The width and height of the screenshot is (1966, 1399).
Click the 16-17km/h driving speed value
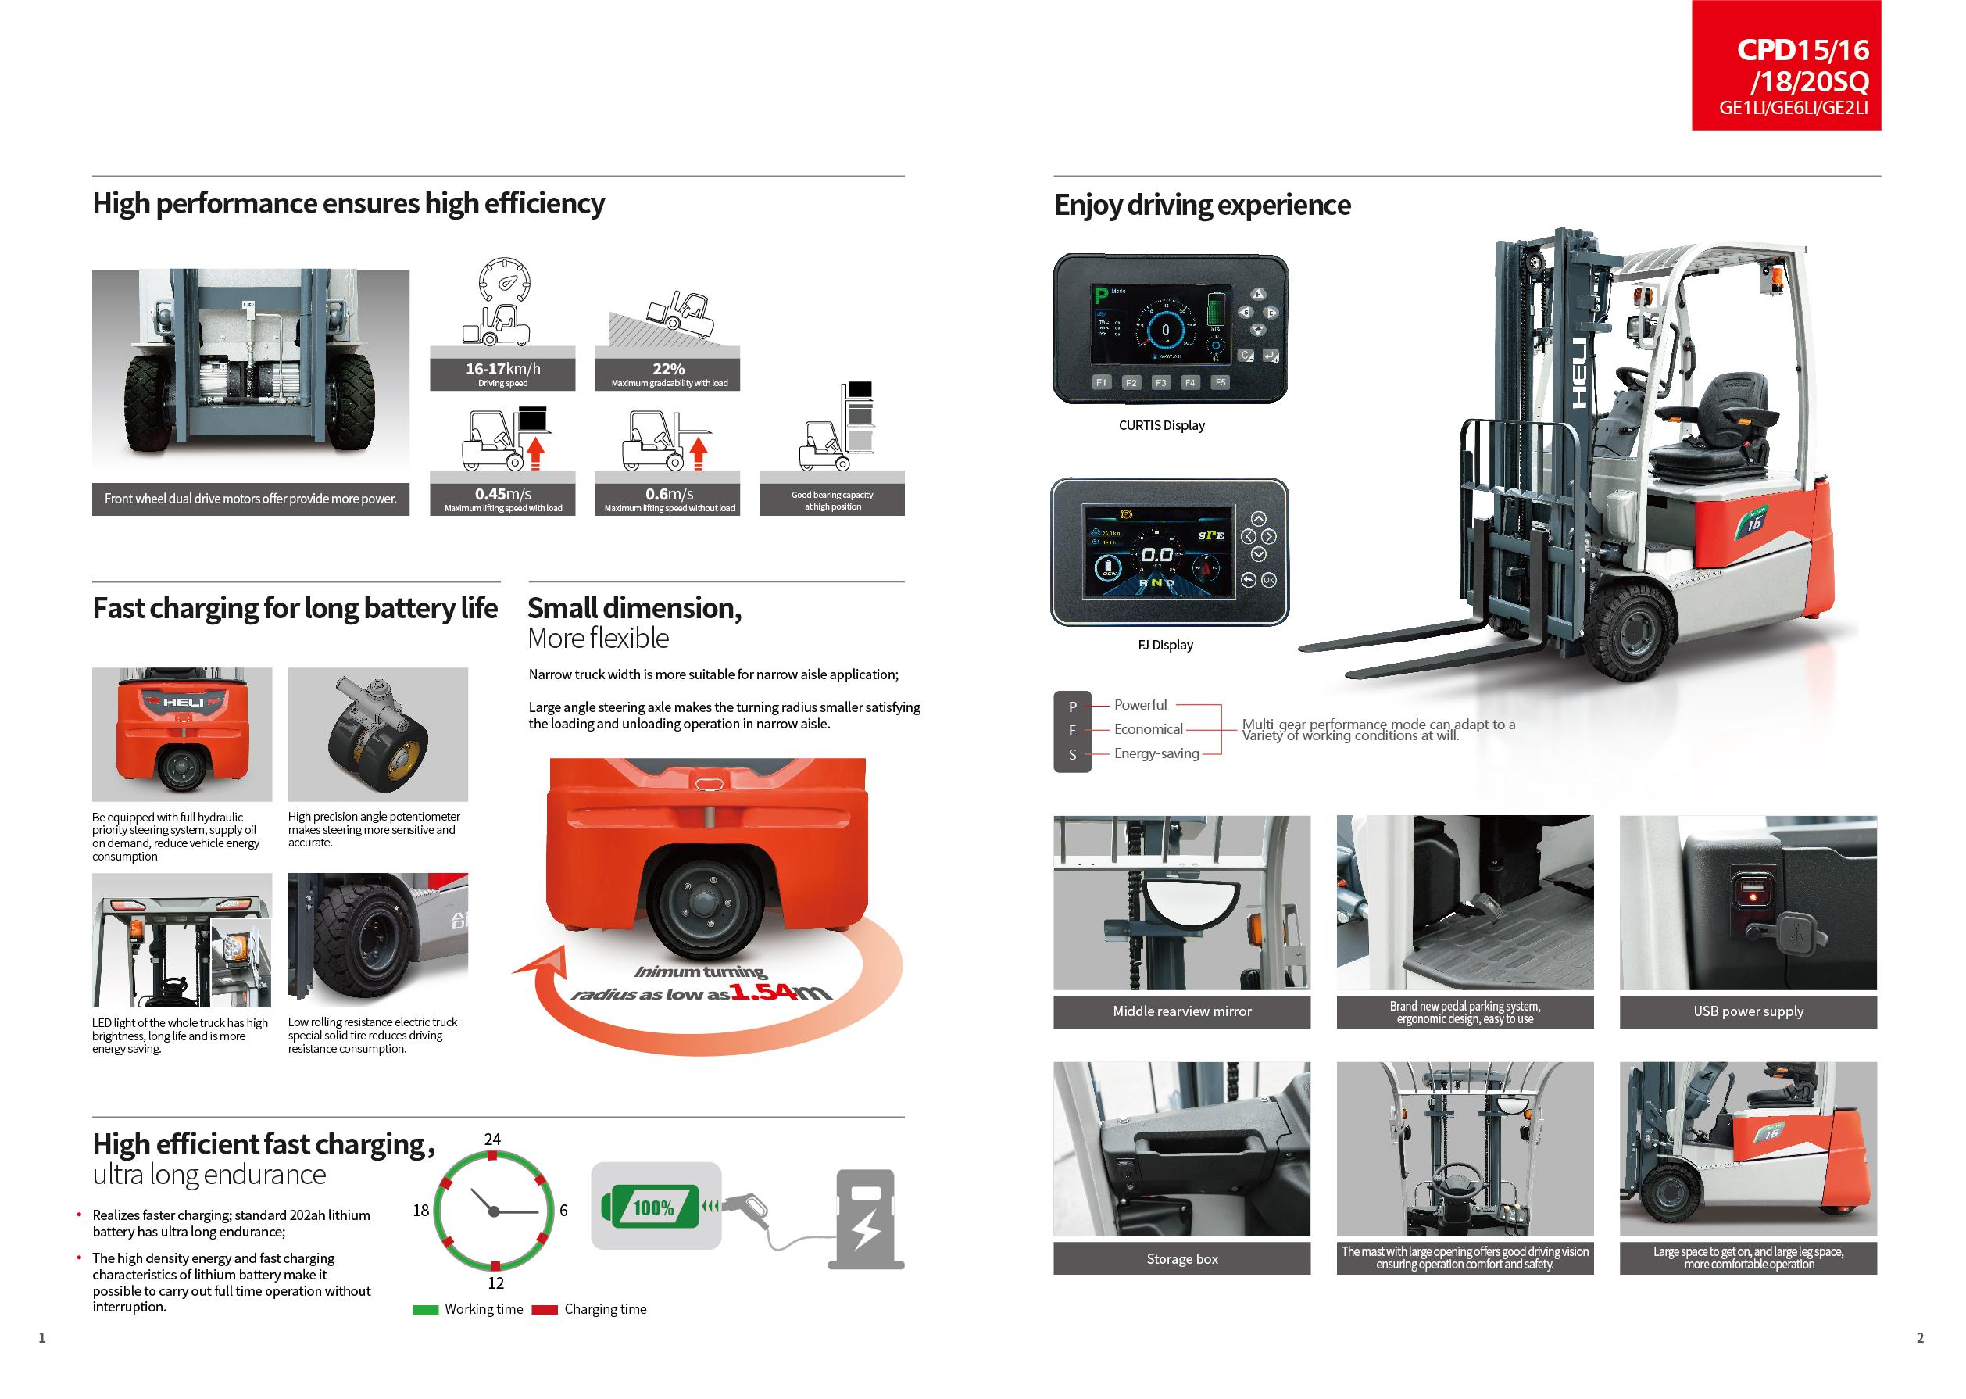[x=503, y=369]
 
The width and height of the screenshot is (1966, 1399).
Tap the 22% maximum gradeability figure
[x=668, y=369]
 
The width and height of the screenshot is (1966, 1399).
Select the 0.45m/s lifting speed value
[x=503, y=494]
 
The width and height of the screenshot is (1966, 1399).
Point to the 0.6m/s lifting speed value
[x=669, y=494]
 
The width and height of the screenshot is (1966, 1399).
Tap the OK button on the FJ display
[x=1268, y=581]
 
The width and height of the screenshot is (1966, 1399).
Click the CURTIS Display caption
[x=1161, y=425]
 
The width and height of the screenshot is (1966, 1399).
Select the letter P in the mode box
[x=1072, y=707]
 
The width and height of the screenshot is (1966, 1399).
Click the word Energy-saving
[x=1156, y=753]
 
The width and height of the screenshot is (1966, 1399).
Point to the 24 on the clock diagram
[x=492, y=1139]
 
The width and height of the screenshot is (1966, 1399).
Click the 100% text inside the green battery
[x=653, y=1208]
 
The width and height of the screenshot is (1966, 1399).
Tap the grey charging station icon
[x=866, y=1218]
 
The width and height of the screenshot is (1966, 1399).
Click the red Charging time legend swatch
[x=545, y=1309]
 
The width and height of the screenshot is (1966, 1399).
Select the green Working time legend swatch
[x=425, y=1309]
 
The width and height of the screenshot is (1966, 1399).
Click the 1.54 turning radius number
[x=761, y=993]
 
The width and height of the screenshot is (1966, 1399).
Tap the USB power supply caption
[x=1747, y=1011]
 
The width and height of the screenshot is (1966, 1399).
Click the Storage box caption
[x=1181, y=1259]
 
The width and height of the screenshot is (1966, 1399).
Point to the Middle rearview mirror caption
[x=1181, y=1011]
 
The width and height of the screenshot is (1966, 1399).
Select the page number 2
[x=1919, y=1338]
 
